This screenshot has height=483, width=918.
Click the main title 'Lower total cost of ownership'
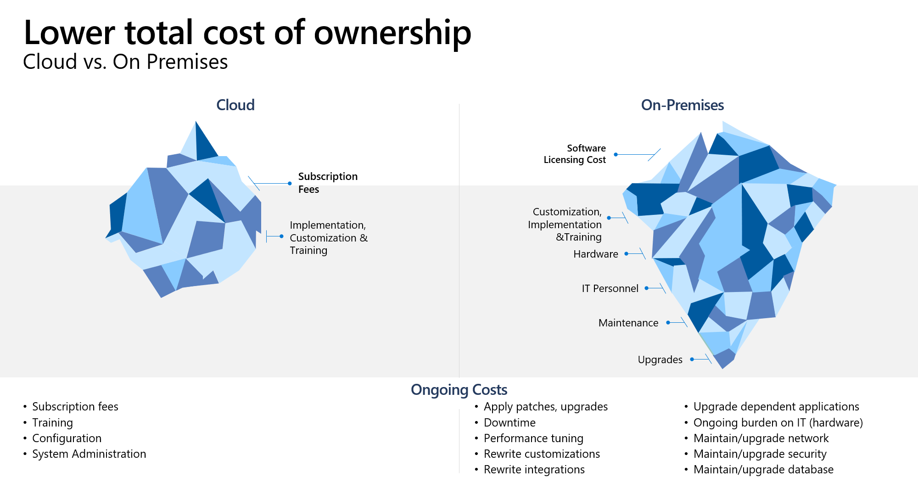tap(247, 33)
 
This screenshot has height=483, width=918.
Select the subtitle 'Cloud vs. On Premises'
tap(125, 62)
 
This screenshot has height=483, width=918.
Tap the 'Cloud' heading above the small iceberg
tap(235, 105)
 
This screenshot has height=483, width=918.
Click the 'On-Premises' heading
tap(683, 105)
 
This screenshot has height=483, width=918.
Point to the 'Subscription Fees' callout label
tap(328, 183)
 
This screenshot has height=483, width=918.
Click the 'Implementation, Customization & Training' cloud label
tap(329, 237)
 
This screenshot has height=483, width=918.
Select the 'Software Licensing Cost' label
tap(575, 154)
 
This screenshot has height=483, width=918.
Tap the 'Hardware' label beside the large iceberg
tap(596, 254)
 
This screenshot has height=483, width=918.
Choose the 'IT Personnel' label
tap(610, 288)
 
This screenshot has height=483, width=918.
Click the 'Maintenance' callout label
tap(628, 323)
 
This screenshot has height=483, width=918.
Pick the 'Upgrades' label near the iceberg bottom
tap(660, 359)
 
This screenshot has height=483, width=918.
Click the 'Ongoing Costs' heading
tap(459, 389)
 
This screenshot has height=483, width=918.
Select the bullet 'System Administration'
tap(89, 454)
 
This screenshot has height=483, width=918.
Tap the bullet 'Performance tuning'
tap(533, 438)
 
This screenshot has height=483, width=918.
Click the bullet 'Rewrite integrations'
tap(534, 469)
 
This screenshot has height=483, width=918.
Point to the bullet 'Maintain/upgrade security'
tap(760, 454)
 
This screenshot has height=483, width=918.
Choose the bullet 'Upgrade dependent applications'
tap(776, 406)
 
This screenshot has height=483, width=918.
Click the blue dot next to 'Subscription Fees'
tap(290, 183)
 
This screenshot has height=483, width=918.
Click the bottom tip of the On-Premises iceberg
tap(723, 368)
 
